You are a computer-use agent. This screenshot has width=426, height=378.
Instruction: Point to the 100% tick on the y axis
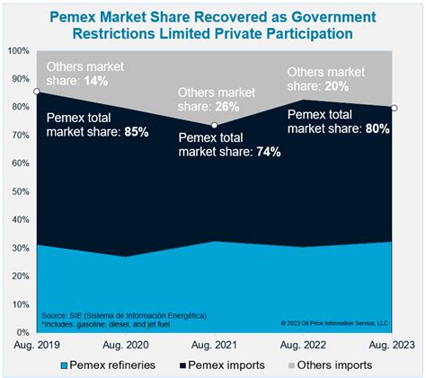[18, 50]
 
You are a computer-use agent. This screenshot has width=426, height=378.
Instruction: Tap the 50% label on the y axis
[20, 190]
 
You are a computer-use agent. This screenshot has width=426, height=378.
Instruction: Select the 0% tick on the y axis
[22, 330]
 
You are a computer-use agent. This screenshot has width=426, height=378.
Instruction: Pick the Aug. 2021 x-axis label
[212, 345]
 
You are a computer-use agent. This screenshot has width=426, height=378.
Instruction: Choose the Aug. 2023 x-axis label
[390, 345]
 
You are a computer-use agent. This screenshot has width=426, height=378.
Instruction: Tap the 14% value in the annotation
[96, 81]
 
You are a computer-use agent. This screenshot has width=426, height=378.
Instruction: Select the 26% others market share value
[229, 108]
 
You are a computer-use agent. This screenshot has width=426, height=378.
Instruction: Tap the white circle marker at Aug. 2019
[33, 92]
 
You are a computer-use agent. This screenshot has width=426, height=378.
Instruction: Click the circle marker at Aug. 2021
[214, 125]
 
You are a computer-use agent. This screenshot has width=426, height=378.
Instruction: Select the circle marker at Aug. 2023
[394, 109]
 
